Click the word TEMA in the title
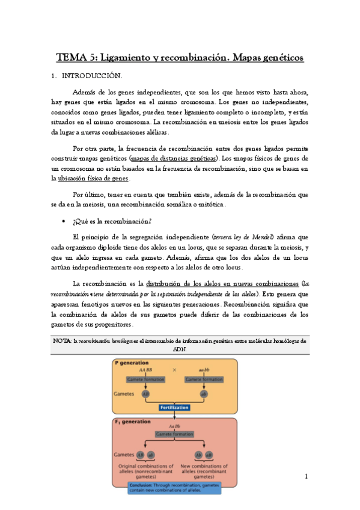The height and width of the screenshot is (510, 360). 70,58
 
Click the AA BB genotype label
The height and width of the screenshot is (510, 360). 145,370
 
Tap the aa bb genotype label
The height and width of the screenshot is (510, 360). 204,370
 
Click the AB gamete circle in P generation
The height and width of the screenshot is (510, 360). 145,393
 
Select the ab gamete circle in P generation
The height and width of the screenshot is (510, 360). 204,393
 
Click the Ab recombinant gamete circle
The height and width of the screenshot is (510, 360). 198,454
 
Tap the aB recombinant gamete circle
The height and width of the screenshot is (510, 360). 209,454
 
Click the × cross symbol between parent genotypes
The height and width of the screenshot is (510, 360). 174,370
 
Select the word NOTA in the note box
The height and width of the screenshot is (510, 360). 63,340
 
